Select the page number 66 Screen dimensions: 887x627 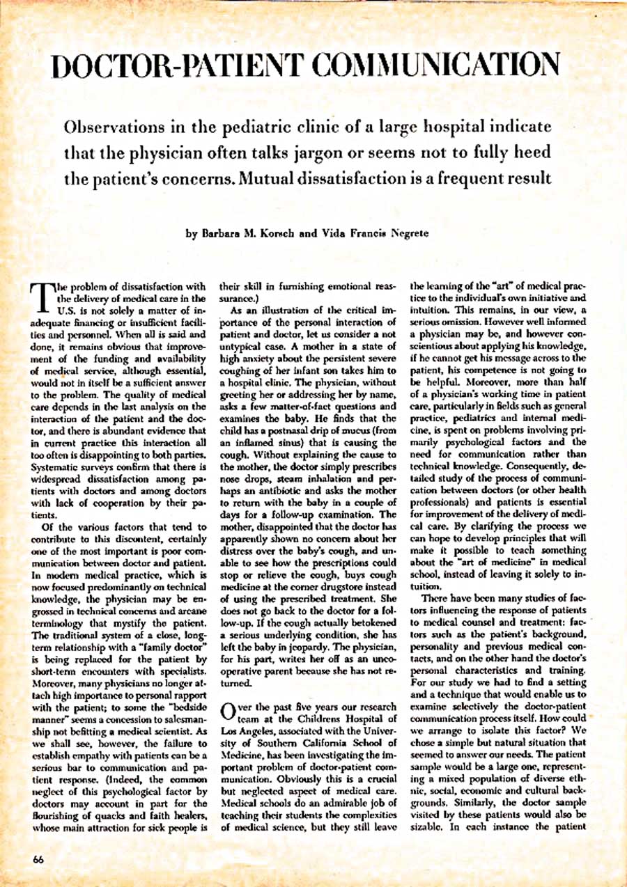(x=38, y=859)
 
